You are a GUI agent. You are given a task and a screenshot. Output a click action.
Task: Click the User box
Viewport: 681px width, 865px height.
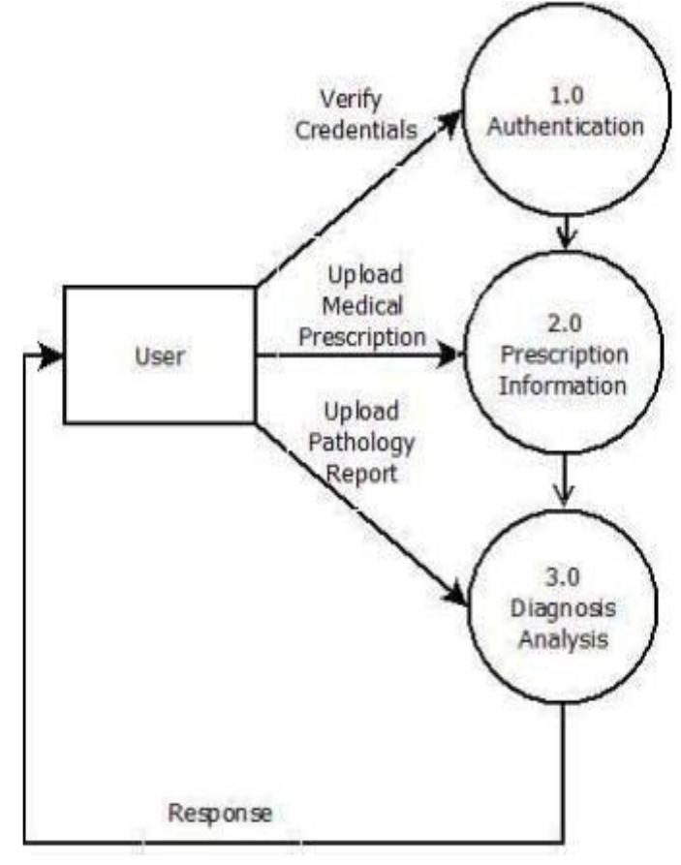coord(159,355)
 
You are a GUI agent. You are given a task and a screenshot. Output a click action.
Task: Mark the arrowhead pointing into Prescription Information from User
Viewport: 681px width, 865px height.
coord(453,355)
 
